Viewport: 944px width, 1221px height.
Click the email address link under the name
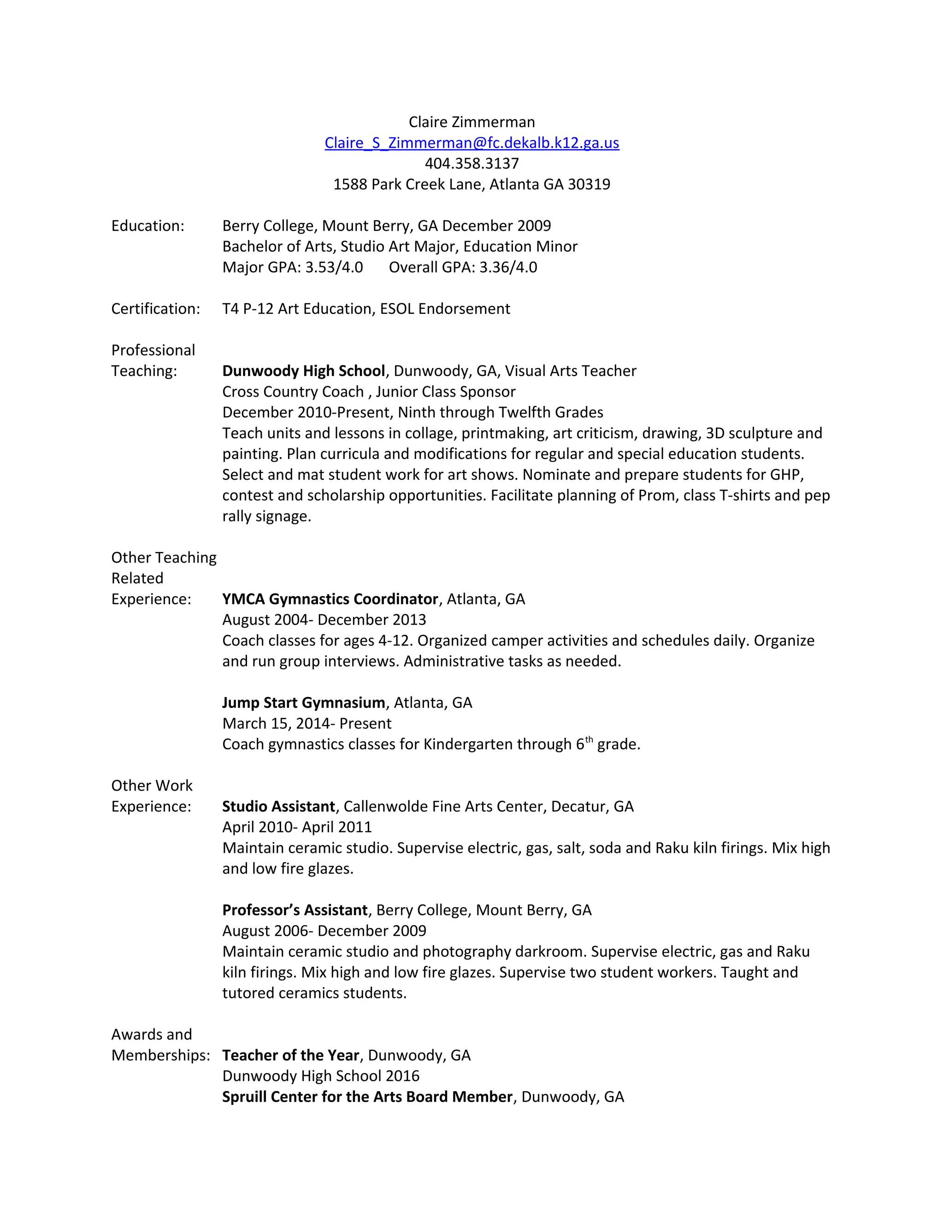(x=472, y=143)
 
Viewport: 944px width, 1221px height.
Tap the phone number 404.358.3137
(x=472, y=164)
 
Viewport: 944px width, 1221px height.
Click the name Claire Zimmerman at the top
(x=472, y=123)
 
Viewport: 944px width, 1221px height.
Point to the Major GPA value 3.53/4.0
(x=334, y=267)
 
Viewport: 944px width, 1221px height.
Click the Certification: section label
(x=155, y=309)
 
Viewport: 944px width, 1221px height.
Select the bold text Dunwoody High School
(x=303, y=371)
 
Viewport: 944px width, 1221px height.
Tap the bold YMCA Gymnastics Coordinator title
(x=330, y=599)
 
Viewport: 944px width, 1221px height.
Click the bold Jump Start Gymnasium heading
(x=303, y=703)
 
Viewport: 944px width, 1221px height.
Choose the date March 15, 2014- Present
(x=307, y=723)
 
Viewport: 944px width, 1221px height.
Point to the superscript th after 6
(x=589, y=740)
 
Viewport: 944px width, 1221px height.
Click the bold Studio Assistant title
(x=278, y=806)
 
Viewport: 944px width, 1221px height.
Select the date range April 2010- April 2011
(x=296, y=827)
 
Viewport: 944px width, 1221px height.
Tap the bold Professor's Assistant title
(x=295, y=910)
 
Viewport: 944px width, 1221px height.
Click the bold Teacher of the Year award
(x=290, y=1055)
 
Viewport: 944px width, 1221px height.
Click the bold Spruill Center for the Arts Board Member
(x=367, y=1097)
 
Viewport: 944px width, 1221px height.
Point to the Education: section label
(x=147, y=226)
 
